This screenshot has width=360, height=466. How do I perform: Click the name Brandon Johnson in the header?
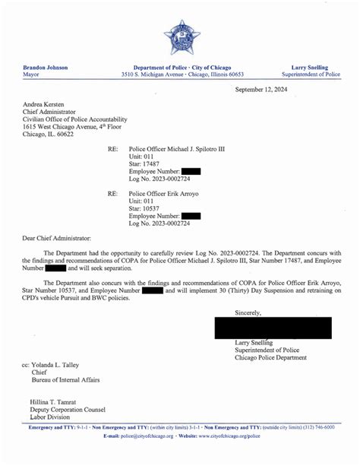tap(46, 68)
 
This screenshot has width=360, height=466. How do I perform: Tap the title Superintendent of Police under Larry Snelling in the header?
tap(309, 75)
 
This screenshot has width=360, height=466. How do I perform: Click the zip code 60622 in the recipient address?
tap(65, 135)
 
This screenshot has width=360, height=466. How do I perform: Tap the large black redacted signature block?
tap(273, 328)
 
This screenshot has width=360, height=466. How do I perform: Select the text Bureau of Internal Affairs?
tap(65, 379)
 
